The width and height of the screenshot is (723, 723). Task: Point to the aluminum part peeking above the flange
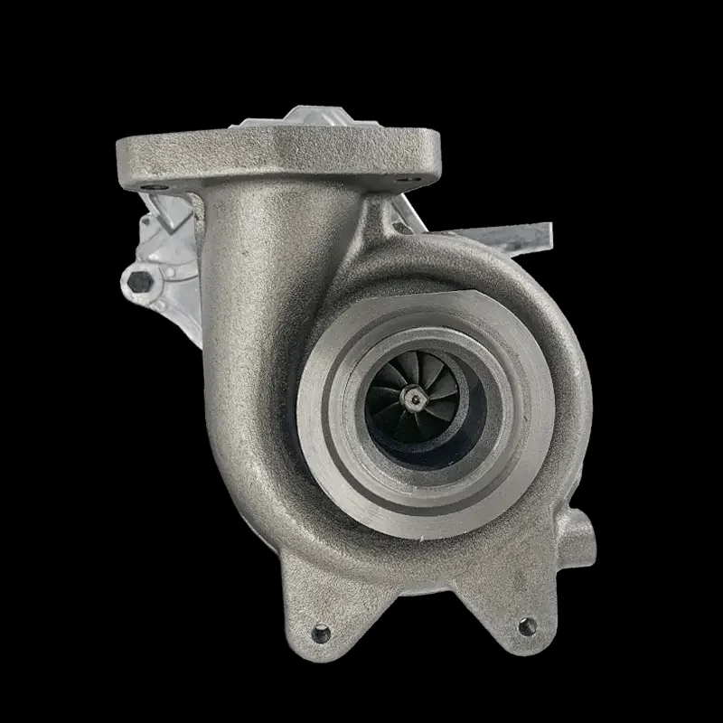click(x=316, y=118)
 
